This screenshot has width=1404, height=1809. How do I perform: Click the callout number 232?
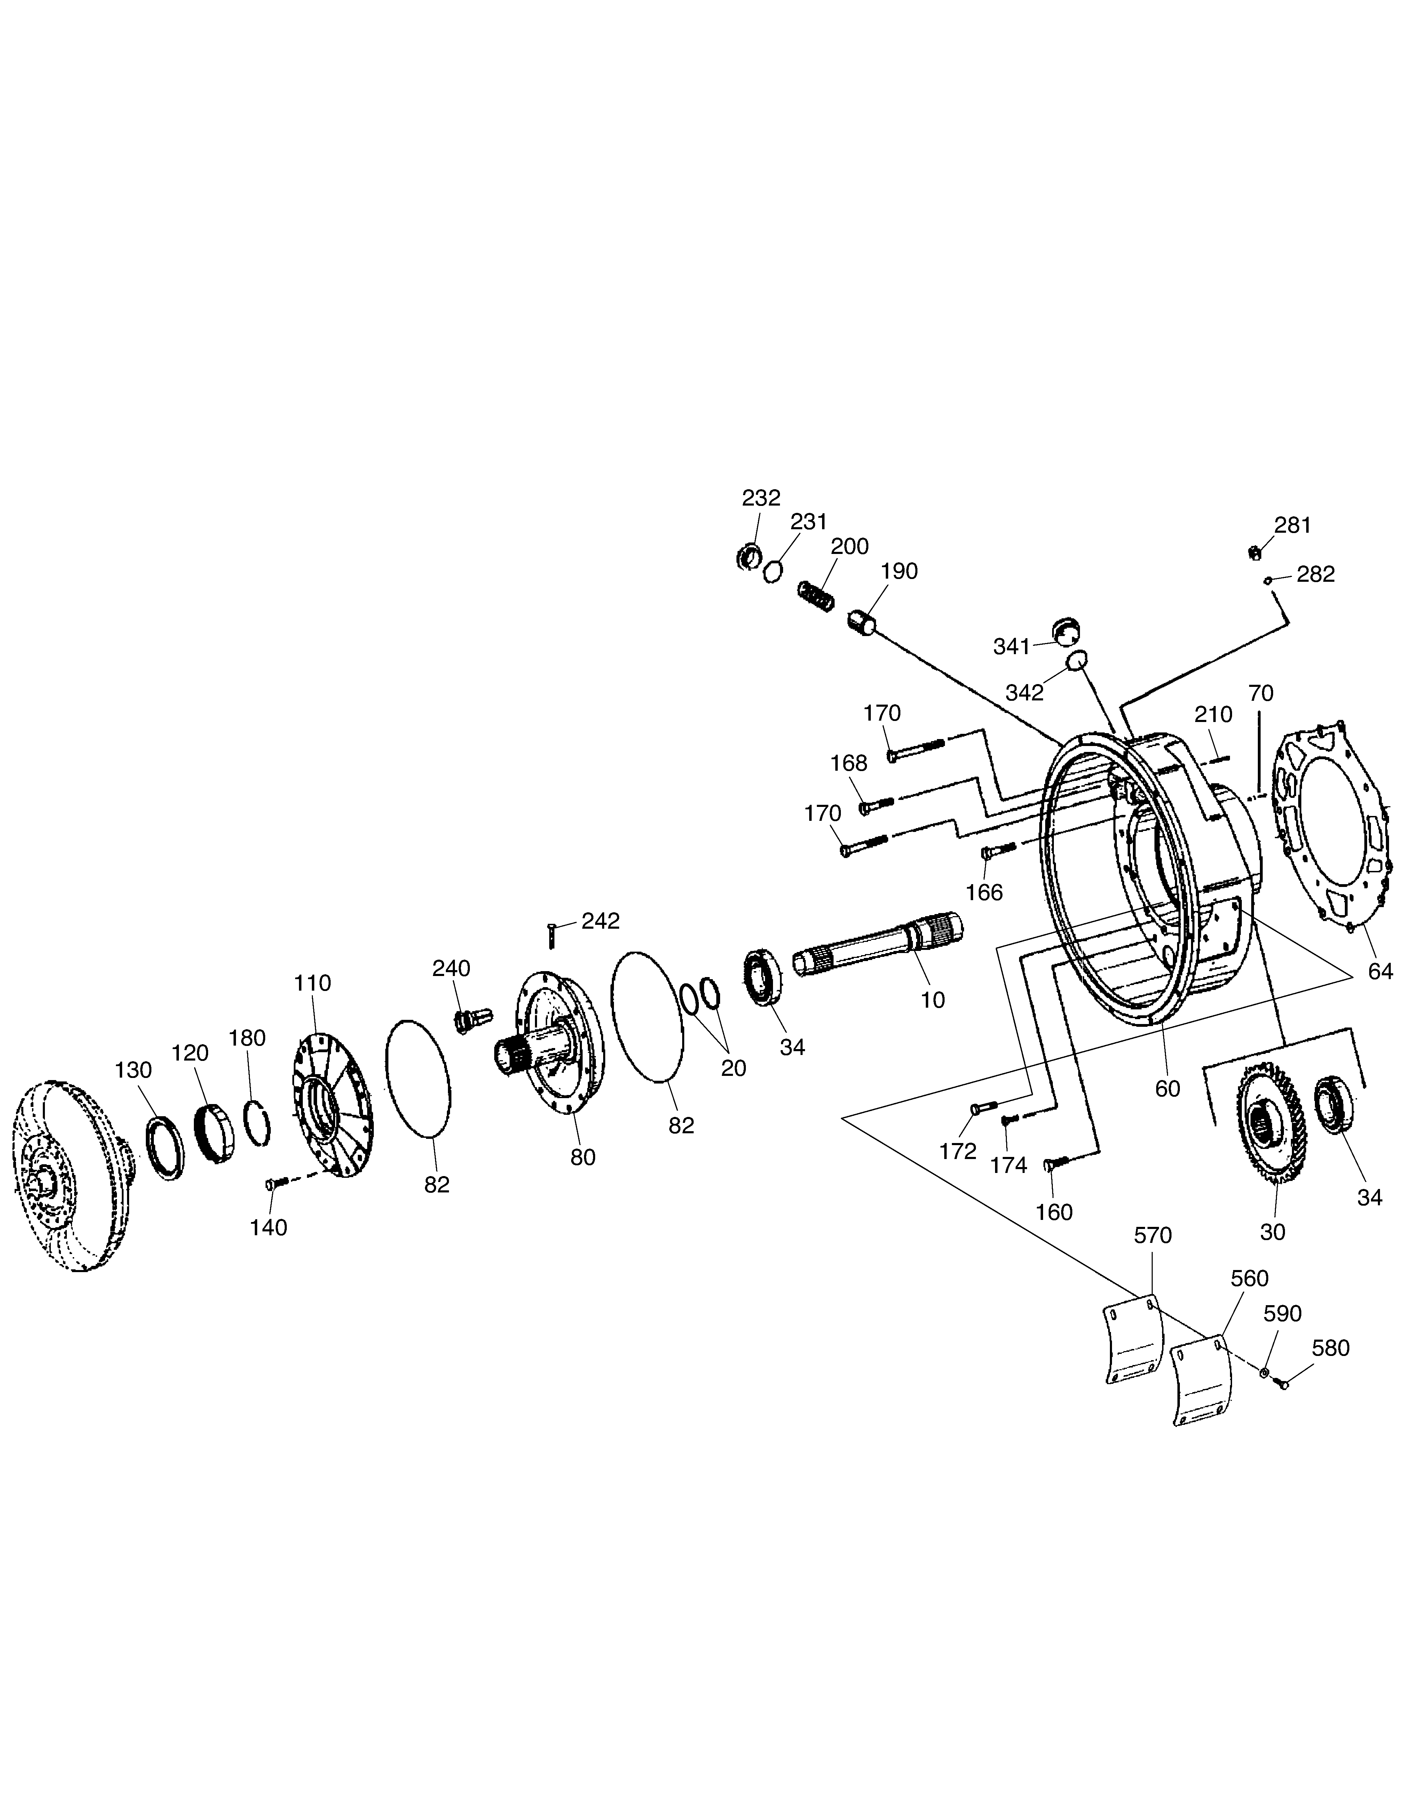760,498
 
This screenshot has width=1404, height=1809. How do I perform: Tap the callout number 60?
1167,1088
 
